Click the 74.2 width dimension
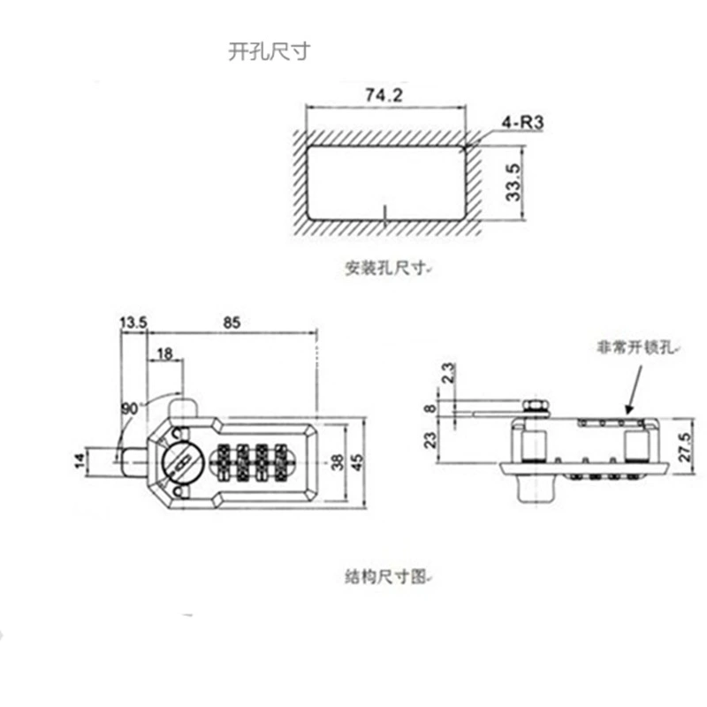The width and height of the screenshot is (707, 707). [384, 95]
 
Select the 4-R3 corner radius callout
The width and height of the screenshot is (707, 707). [522, 122]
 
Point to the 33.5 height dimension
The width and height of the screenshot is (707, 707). [513, 182]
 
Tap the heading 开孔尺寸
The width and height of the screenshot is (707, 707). [270, 51]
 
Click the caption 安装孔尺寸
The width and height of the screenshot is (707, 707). [385, 269]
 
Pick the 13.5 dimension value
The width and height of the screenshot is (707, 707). [133, 323]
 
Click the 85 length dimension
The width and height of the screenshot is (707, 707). [232, 323]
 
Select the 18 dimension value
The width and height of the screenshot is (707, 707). [165, 353]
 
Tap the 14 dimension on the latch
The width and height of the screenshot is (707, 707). [80, 460]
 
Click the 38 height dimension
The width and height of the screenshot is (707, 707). [338, 462]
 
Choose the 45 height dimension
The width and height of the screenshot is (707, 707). [356, 462]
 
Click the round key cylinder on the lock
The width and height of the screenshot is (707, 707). [182, 462]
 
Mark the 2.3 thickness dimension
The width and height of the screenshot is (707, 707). [449, 373]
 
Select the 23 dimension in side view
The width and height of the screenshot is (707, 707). [431, 439]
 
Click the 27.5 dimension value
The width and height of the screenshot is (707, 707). [685, 447]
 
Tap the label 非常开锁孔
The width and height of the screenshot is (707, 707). [635, 347]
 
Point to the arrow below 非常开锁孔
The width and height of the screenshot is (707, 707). [635, 390]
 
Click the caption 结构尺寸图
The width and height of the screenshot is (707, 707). [385, 576]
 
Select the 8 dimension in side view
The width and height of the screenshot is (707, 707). [431, 408]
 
